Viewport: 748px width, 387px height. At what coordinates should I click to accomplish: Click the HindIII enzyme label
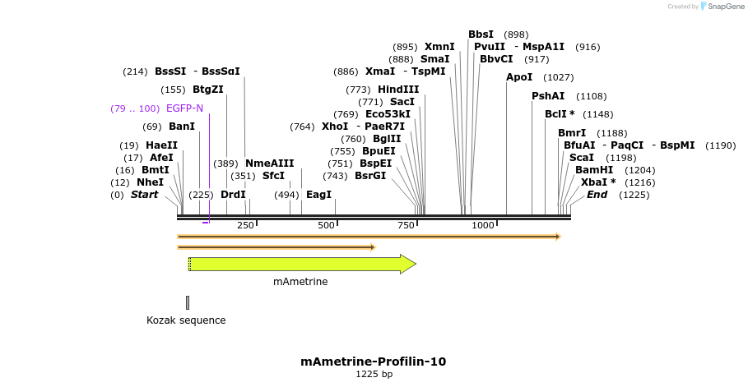click(398, 90)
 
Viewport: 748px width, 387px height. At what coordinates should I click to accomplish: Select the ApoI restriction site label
click(519, 77)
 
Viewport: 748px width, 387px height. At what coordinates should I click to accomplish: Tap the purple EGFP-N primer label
click(184, 108)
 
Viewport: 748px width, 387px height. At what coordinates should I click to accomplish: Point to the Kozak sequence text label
click(186, 320)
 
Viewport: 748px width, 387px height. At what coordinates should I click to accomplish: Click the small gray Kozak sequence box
click(188, 302)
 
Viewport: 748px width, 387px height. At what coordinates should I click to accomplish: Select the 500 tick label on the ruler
click(327, 225)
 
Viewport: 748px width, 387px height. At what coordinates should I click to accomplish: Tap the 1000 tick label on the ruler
click(483, 225)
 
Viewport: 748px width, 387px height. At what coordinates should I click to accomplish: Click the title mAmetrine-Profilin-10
click(374, 362)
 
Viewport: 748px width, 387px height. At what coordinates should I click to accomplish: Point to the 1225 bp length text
click(374, 375)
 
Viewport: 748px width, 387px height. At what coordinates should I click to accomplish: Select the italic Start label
click(144, 195)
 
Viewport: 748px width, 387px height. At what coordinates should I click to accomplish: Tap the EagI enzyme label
click(318, 195)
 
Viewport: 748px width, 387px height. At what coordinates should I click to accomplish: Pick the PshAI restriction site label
click(548, 96)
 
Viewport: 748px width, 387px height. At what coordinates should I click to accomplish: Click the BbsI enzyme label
click(481, 35)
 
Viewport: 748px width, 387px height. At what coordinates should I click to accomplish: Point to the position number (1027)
click(559, 77)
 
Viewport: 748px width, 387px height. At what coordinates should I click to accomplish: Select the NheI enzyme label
click(150, 182)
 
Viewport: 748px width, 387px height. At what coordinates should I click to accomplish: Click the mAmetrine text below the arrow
click(300, 282)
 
